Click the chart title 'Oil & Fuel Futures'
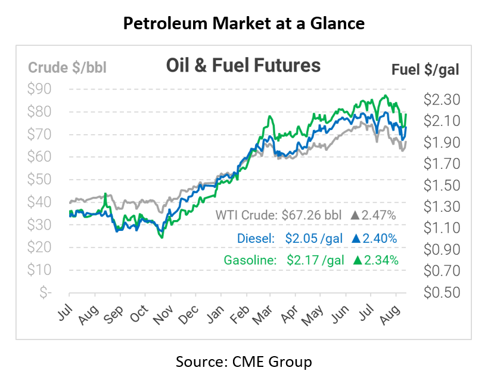[243, 66]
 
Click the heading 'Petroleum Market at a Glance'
[243, 24]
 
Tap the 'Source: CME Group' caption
[243, 362]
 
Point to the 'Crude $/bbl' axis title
[67, 67]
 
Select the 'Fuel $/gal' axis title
[425, 70]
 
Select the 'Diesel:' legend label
[255, 239]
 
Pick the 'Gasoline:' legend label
[249, 260]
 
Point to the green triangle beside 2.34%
[357, 260]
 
